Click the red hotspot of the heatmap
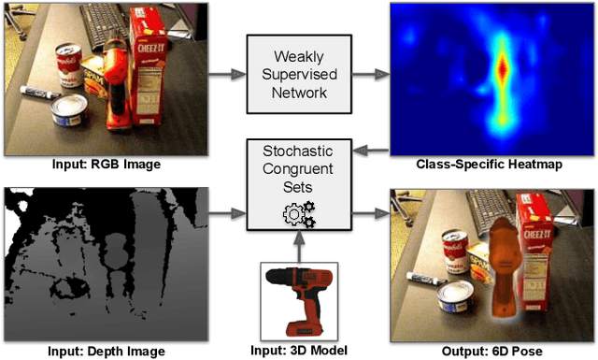click(x=502, y=67)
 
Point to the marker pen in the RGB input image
click(x=34, y=91)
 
